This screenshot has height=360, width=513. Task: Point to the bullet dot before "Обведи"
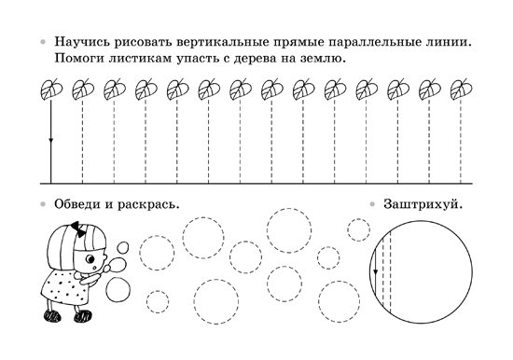coord(43,201)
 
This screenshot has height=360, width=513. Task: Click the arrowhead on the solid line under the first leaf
coord(50,143)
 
